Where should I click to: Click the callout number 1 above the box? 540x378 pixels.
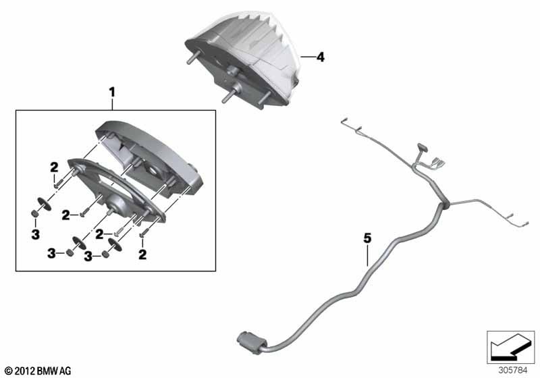[112, 92]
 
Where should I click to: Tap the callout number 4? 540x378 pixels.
[320, 57]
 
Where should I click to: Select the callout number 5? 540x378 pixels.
[367, 238]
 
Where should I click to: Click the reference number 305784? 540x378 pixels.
[513, 370]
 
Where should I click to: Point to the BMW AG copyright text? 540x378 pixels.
[38, 371]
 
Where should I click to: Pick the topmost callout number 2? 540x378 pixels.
[54, 167]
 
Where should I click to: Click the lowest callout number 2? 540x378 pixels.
[142, 254]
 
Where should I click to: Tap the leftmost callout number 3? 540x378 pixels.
[36, 234]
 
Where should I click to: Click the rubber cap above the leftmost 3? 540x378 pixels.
[35, 214]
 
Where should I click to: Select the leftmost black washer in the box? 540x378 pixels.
[44, 204]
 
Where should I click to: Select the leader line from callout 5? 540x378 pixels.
[367, 255]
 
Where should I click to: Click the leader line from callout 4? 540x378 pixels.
[307, 57]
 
